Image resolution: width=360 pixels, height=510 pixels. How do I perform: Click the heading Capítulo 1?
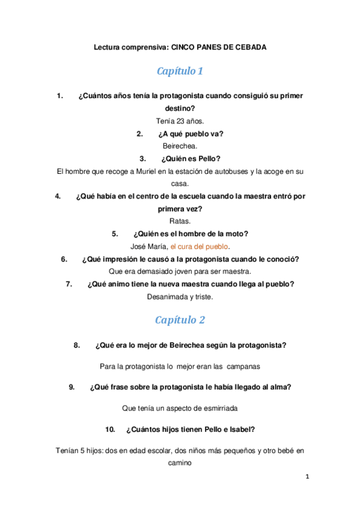coord(180,71)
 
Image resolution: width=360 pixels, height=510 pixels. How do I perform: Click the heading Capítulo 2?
coord(180,320)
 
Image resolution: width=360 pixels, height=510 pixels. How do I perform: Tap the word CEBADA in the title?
coord(248,46)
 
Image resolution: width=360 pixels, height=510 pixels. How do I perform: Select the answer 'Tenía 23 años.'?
coord(180,121)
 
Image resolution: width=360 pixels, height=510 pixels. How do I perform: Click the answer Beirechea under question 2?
coord(180,146)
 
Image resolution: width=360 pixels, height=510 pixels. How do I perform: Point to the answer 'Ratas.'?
coord(180,221)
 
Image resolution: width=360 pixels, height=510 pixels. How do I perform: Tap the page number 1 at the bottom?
coord(307,477)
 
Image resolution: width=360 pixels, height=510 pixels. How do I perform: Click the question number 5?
coord(115,234)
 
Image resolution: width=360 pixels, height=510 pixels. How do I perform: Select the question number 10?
coord(109,429)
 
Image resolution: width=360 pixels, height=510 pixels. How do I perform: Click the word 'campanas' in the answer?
coord(243,366)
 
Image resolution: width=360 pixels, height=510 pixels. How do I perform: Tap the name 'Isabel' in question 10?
coord(239,429)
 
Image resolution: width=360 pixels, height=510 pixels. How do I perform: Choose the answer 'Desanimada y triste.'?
coord(180,296)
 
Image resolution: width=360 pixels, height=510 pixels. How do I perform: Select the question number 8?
coord(77,345)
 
